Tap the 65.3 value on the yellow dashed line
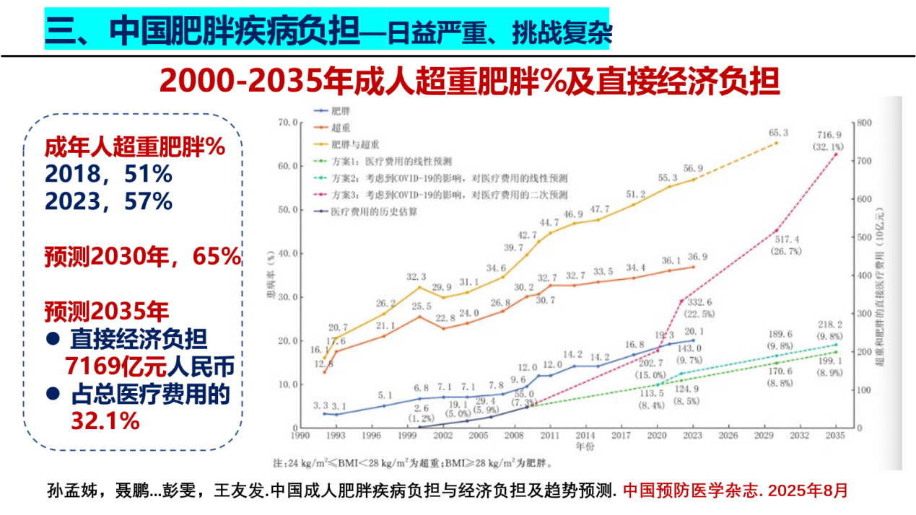click(777, 133)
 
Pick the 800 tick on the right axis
click(864, 123)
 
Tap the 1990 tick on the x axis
click(300, 436)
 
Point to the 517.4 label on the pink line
click(777, 238)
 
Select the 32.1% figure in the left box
click(105, 421)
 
